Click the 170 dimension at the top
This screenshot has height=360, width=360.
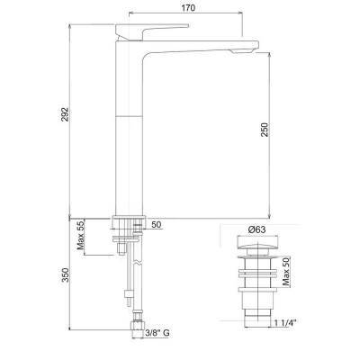point(188,8)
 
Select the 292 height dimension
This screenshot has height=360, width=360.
point(65,114)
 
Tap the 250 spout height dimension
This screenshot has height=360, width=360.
point(265,130)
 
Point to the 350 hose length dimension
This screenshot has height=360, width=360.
point(65,274)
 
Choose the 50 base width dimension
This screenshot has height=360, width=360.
point(156,224)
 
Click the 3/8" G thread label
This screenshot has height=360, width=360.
point(157,333)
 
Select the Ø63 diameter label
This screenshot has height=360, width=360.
point(256,229)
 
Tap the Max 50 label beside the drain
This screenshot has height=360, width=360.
point(286,272)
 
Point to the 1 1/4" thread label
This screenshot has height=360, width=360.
point(285,323)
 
